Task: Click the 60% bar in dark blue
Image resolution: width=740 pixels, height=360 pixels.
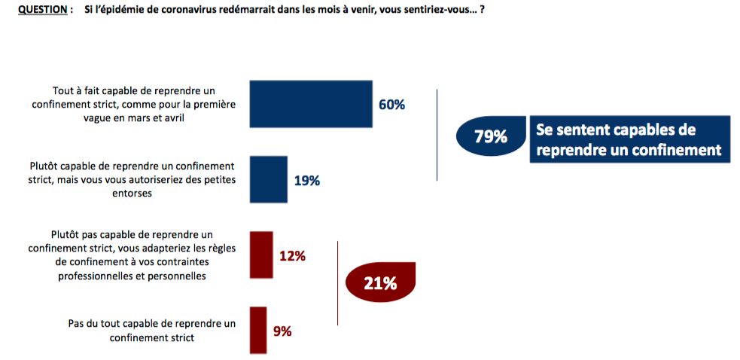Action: tap(311, 105)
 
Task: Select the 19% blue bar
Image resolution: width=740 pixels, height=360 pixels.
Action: tap(268, 180)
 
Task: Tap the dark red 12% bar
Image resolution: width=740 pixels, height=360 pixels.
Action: tap(260, 255)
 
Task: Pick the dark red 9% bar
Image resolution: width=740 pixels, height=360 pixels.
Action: tap(257, 329)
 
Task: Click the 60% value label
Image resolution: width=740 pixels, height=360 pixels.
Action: tap(391, 105)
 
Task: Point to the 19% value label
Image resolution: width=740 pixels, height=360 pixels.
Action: tap(307, 181)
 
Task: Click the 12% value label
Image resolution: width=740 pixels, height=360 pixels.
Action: tap(292, 256)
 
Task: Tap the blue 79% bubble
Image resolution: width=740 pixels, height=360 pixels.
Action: tap(491, 137)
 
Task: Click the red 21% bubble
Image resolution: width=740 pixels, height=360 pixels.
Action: tap(379, 283)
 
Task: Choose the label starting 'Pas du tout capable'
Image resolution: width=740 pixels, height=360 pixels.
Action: tap(151, 330)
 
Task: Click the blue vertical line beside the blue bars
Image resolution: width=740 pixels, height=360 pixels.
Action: tap(437, 134)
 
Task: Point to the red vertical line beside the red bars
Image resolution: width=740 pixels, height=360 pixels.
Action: tap(338, 282)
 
